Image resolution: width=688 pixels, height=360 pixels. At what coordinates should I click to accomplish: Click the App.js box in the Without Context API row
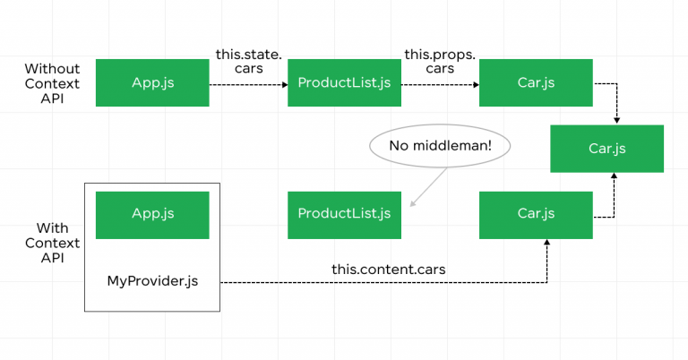pos(152,82)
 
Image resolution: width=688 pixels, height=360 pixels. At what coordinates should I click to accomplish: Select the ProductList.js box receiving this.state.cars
pos(344,82)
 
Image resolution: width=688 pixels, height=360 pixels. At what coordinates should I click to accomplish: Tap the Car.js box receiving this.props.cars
pos(536,82)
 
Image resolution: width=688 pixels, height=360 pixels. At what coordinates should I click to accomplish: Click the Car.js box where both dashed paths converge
pos(606,148)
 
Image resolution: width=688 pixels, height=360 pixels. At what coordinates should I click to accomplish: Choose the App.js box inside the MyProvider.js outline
pos(152,213)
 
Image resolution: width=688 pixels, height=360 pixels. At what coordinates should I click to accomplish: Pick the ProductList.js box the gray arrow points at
pos(344,213)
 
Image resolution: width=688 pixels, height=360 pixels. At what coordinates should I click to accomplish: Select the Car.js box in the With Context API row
pos(536,213)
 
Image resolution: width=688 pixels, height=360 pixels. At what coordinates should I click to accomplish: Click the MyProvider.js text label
pos(152,281)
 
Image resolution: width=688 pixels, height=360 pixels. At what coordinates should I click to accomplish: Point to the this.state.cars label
pos(249,61)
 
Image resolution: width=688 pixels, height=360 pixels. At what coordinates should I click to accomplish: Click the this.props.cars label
pos(440,61)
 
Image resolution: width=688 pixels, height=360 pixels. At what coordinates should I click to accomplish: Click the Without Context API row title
pos(52,82)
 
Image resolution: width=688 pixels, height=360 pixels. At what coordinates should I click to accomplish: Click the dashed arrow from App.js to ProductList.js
pos(248,83)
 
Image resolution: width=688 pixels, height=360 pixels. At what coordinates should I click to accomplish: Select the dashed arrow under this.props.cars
pos(440,83)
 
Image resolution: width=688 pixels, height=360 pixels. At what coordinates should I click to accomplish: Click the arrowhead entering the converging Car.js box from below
pos(614,176)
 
